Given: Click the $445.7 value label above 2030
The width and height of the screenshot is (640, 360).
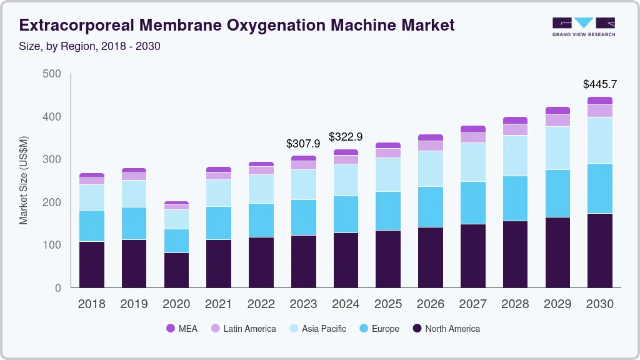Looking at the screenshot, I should point(599,84).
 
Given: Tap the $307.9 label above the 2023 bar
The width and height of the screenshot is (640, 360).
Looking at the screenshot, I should point(303,143).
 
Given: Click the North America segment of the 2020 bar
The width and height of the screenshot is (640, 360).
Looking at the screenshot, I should point(176,270).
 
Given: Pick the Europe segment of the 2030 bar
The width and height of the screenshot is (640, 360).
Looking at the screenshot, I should point(599,188).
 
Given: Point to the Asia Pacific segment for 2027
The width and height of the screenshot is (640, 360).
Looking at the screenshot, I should point(472,162).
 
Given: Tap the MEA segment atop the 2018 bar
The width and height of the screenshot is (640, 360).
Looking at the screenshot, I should point(92,176).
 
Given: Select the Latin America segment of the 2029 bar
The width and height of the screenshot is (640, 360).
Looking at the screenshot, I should point(557,121).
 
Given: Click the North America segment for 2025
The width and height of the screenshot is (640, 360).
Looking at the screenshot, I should point(388,259).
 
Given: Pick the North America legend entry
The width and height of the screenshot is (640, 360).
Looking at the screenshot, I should point(446,329).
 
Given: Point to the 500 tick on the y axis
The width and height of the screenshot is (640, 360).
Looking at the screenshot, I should point(52,74).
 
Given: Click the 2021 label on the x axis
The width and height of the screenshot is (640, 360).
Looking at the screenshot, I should point(219,304).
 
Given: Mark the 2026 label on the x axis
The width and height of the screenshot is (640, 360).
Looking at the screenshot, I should point(431,304).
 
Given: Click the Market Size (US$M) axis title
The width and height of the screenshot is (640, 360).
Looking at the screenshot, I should point(23,180).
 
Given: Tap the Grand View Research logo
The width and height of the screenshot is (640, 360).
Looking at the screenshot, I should point(583,26).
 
